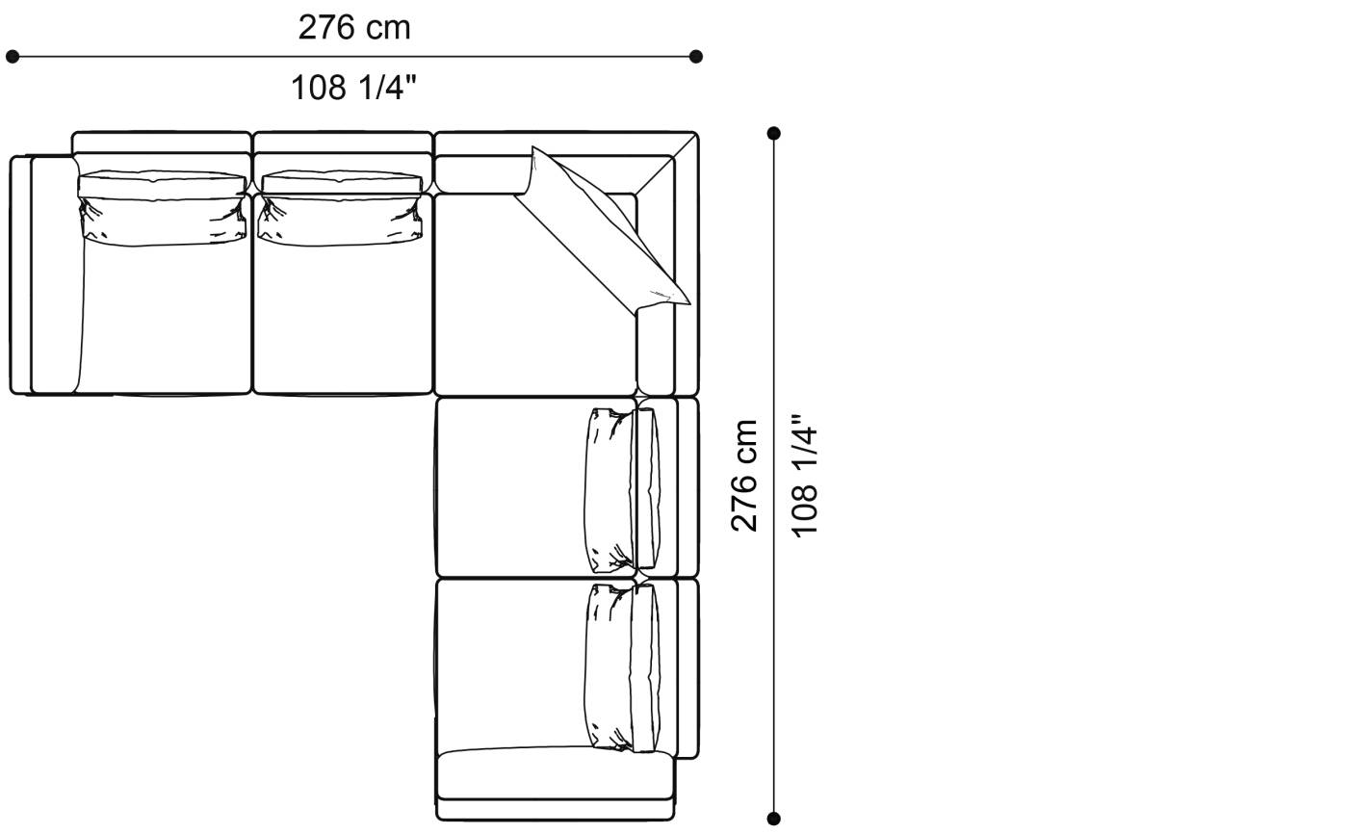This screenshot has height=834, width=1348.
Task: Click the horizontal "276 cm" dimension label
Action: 354,28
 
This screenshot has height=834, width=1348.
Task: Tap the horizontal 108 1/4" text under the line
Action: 354,88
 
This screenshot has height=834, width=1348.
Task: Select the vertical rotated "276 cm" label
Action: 743,476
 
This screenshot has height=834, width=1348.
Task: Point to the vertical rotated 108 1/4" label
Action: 804,476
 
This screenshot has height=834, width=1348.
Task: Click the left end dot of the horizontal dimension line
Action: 12,57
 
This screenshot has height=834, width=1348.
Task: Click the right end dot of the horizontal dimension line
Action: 695,57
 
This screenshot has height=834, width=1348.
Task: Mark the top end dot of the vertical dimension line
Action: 774,133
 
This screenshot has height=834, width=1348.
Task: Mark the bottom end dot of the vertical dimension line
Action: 774,819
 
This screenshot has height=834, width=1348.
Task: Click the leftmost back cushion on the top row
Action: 163,208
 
